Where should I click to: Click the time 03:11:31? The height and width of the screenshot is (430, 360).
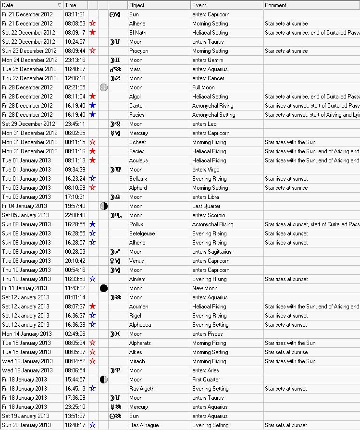[75, 14]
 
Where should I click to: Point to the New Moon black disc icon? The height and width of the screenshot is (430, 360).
[103, 288]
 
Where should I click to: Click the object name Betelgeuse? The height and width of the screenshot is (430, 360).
[143, 233]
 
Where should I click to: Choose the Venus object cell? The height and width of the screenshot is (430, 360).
[137, 261]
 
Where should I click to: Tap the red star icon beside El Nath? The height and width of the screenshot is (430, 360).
[93, 33]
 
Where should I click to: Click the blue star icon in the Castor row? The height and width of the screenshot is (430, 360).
[93, 106]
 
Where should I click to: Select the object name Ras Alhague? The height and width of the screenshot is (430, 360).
[144, 425]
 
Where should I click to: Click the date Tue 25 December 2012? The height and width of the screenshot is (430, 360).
[29, 69]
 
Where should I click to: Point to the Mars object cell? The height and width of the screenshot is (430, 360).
[135, 69]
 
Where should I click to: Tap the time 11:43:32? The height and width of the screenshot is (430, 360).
[75, 288]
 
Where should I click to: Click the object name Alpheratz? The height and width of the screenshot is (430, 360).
[140, 343]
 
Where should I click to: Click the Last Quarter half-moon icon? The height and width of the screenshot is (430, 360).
[103, 206]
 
